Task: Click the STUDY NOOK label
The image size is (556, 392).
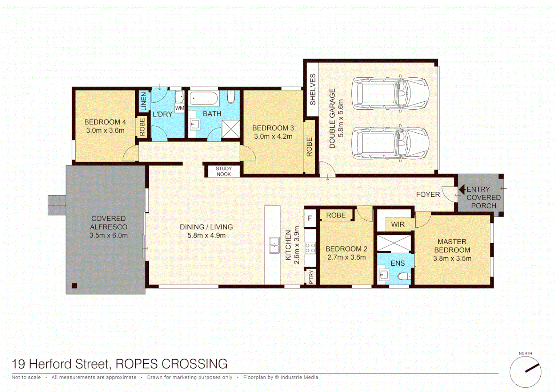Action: [223, 171]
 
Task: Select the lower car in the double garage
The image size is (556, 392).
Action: [390, 143]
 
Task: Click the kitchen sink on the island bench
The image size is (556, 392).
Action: [274, 245]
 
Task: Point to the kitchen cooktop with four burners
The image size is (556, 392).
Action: [310, 248]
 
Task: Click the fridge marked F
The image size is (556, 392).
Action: [310, 218]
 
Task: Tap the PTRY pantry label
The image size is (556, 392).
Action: [311, 277]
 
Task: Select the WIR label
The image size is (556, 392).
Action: [397, 224]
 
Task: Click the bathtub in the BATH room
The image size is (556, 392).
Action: [203, 98]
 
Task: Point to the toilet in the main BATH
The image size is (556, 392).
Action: [231, 97]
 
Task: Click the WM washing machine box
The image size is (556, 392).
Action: [180, 108]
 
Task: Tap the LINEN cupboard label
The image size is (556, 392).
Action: [144, 101]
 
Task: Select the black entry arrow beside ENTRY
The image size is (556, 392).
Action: [462, 189]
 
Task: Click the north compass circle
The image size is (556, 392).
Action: [525, 372]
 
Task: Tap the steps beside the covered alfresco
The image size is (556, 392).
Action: [57, 205]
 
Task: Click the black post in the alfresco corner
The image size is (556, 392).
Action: [75, 286]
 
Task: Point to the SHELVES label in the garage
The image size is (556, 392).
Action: [312, 89]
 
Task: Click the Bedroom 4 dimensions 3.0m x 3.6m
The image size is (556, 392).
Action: [105, 131]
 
